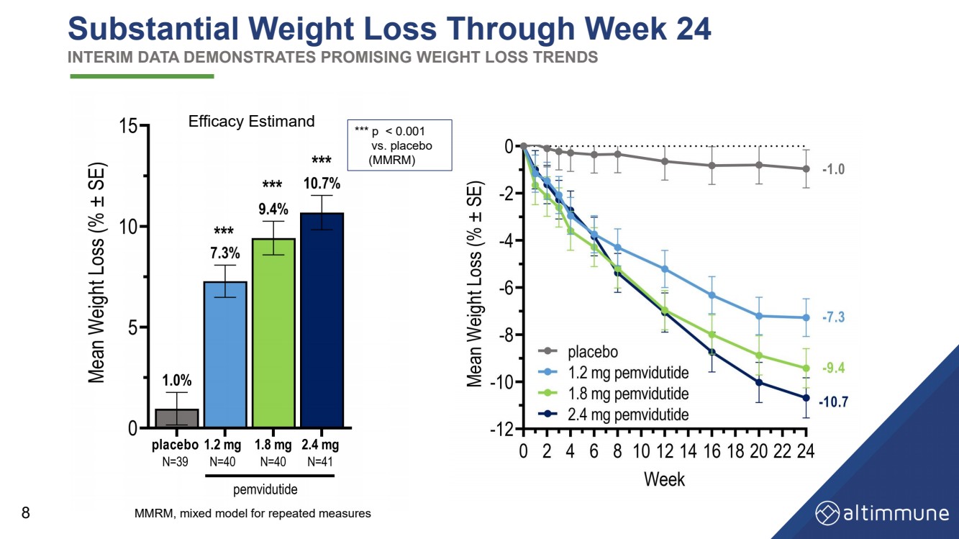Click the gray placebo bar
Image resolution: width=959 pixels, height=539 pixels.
177,418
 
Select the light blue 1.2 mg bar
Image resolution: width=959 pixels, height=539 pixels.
226,354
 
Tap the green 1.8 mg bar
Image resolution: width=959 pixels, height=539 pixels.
273,333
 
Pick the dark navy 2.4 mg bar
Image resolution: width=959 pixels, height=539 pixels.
322,320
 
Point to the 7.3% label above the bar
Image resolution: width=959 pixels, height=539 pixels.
224,253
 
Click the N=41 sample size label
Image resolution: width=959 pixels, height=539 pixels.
319,462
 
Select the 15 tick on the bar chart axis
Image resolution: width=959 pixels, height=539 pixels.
129,126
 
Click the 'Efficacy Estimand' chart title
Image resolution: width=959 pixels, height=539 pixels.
251,122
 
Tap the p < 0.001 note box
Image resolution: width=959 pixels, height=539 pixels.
399,145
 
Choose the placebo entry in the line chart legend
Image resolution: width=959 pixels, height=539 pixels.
593,352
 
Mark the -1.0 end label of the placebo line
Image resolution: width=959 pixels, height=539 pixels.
833,169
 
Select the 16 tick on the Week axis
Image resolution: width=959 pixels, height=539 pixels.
711,451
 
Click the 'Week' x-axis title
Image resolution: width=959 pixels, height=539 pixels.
664,479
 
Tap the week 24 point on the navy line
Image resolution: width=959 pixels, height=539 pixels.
806,398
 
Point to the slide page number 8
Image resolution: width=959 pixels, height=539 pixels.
26,513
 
